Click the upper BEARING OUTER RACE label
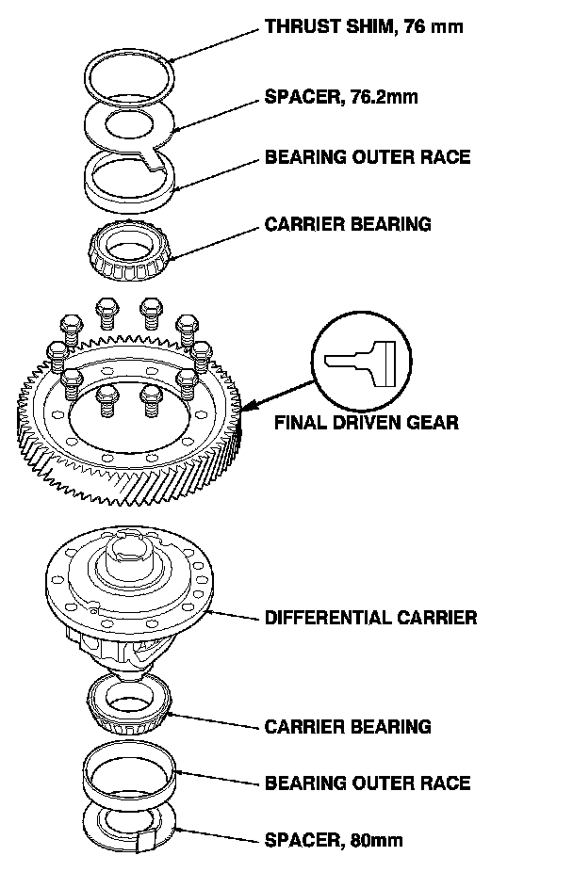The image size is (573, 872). [367, 156]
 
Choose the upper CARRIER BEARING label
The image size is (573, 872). [348, 224]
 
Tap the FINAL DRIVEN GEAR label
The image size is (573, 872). [367, 422]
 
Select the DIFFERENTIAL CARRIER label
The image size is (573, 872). [370, 619]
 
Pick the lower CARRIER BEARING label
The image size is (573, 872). [348, 727]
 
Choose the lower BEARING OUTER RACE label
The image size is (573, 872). [367, 783]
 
